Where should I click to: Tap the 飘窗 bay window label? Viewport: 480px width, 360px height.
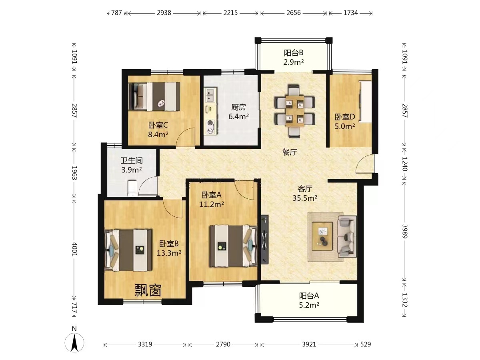pyautogui.click(x=148, y=290)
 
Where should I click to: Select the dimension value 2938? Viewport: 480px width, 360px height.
pyautogui.click(x=164, y=13)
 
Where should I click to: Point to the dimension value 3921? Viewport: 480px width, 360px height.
pyautogui.click(x=309, y=344)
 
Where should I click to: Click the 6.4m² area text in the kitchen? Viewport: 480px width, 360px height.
pyautogui.click(x=238, y=116)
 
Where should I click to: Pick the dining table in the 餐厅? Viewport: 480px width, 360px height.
pyautogui.click(x=294, y=111)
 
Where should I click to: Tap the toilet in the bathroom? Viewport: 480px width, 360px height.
pyautogui.click(x=132, y=188)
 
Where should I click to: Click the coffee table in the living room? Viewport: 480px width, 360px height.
pyautogui.click(x=322, y=236)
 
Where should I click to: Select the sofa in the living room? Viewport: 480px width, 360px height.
pyautogui.click(x=347, y=236)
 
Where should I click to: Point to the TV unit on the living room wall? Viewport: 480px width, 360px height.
pyautogui.click(x=265, y=240)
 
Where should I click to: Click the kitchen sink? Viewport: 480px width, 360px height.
pyautogui.click(x=210, y=95)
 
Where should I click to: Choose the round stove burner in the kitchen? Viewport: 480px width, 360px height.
pyautogui.click(x=210, y=123)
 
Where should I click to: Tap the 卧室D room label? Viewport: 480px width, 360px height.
pyautogui.click(x=345, y=117)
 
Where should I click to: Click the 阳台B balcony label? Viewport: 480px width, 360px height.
pyautogui.click(x=294, y=53)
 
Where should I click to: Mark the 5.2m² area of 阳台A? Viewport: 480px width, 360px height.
pyautogui.click(x=309, y=305)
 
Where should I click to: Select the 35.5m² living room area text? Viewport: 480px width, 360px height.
pyautogui.click(x=305, y=198)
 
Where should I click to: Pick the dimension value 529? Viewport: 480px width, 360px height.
pyautogui.click(x=366, y=344)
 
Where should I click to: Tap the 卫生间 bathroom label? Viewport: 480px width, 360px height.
pyautogui.click(x=132, y=161)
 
